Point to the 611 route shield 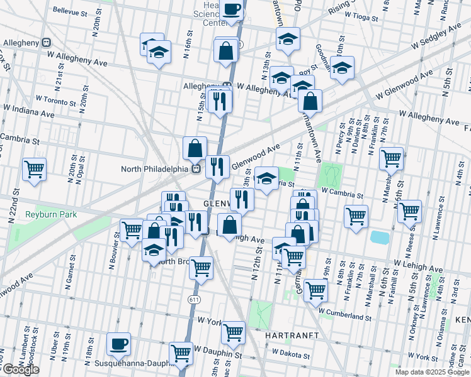[x=193, y=300]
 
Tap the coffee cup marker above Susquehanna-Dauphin [x=118, y=344]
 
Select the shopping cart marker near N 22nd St [x=33, y=168]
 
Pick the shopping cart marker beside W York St [x=233, y=331]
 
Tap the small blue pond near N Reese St [x=379, y=237]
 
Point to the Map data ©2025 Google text [x=433, y=372]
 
